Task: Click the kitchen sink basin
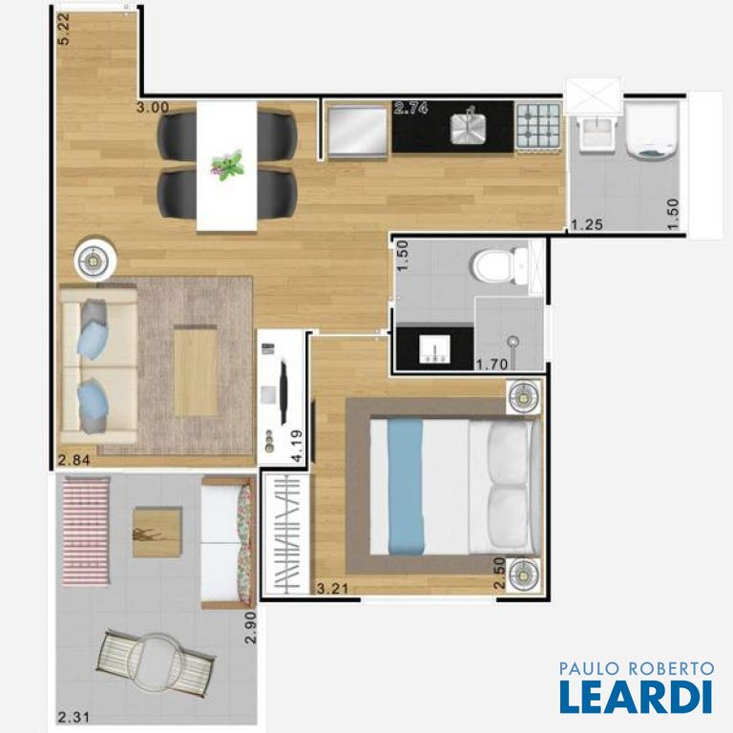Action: point(468,127)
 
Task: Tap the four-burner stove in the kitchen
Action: point(538,126)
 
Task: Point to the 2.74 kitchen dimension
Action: point(411,108)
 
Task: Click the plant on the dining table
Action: point(227,165)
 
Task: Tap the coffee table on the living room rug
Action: point(196,370)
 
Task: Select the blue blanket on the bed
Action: point(406,487)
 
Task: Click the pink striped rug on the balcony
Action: point(86,531)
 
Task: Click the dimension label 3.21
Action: point(332,588)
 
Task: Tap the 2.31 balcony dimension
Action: point(73,717)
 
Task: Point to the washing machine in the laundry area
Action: point(652,131)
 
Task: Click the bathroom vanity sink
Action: point(435,348)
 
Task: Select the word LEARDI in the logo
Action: point(636,697)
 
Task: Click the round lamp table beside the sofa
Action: point(94,262)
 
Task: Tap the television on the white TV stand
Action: point(283,391)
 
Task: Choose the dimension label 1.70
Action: point(492,364)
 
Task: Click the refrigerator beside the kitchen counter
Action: point(358,131)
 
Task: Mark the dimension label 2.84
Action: point(73,460)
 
